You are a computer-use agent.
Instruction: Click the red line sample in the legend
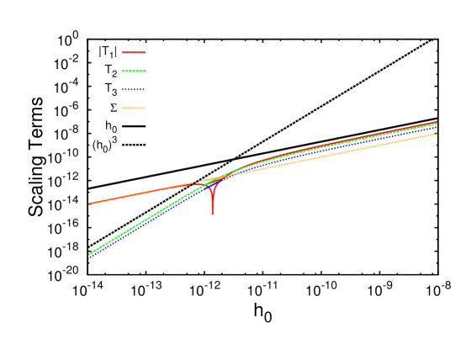[x=134, y=52]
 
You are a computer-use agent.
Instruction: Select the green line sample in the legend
[x=134, y=71]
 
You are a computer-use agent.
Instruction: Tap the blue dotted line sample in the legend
[x=134, y=89]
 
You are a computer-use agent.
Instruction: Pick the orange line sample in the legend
[x=134, y=108]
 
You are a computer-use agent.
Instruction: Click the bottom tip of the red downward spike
[x=212, y=214]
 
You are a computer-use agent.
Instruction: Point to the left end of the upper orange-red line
[x=89, y=204]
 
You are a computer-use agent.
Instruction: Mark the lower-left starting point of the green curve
[x=89, y=254]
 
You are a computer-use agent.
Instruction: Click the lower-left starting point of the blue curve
[x=89, y=257]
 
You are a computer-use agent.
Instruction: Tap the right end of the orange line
[x=437, y=134]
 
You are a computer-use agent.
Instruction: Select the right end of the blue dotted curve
[x=437, y=128]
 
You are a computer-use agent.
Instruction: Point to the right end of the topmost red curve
[x=437, y=122]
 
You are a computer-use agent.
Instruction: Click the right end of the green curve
[x=437, y=124]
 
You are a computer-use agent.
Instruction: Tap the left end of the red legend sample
[x=123, y=52]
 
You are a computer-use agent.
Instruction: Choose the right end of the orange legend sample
[x=145, y=108]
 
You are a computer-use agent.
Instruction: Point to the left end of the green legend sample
[x=123, y=71]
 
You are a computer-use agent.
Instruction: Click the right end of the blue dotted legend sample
[x=145, y=89]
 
